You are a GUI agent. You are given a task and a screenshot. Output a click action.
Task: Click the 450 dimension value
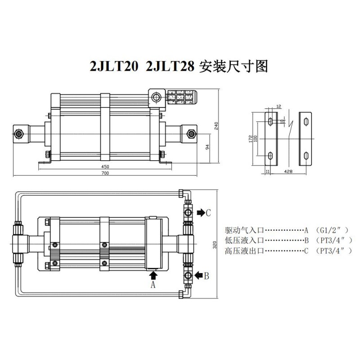click(105, 166)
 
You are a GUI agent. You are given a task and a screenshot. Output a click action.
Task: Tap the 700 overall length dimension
click(105, 173)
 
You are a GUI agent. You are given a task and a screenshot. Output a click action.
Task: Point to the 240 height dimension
click(216, 126)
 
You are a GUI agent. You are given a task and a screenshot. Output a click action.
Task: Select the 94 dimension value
click(207, 147)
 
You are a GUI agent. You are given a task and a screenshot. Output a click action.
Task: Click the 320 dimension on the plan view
click(215, 245)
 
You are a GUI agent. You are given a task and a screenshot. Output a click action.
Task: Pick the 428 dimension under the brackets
click(288, 171)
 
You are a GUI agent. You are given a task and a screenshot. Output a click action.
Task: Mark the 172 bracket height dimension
click(251, 139)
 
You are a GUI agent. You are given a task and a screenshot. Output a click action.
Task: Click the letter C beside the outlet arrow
click(208, 213)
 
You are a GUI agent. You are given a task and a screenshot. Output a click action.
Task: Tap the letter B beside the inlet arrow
click(207, 276)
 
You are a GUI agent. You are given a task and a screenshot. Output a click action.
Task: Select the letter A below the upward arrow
click(153, 285)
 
